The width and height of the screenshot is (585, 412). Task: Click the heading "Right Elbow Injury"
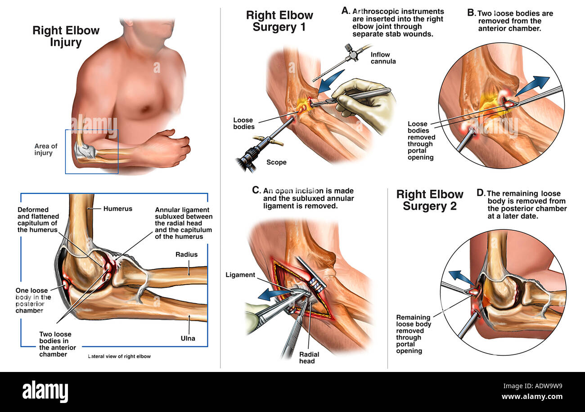(x=66, y=36)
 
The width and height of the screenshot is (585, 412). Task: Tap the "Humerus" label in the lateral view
(x=118, y=209)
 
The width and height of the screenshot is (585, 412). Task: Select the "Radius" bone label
(x=186, y=254)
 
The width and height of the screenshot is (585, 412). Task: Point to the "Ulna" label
(x=188, y=338)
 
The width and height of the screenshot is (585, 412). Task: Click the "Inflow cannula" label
(x=383, y=58)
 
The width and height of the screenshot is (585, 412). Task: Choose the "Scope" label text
(x=276, y=162)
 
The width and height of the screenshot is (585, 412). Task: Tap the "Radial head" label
(x=309, y=358)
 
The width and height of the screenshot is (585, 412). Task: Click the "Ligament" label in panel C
(x=240, y=275)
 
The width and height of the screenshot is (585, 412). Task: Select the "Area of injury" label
(x=46, y=149)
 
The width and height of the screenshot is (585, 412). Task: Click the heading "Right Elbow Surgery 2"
(x=430, y=200)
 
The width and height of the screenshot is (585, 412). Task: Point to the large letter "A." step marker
(x=346, y=11)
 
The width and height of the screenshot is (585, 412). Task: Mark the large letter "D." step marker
(x=481, y=193)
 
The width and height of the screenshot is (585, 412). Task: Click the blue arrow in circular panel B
(x=532, y=85)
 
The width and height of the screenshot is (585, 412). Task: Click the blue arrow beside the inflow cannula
(x=331, y=81)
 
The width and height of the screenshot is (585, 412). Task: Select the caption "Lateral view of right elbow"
(x=119, y=356)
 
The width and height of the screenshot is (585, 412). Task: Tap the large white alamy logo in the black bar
(x=45, y=391)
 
